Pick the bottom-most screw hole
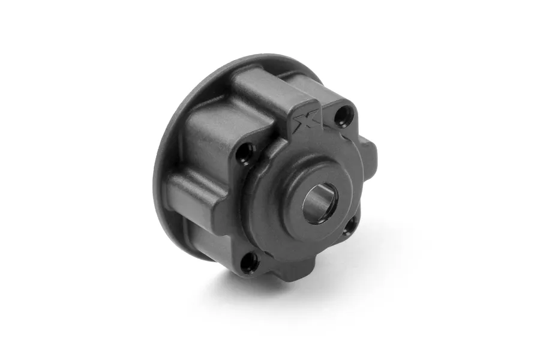click(x=250, y=262)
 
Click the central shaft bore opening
click(x=317, y=205)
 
